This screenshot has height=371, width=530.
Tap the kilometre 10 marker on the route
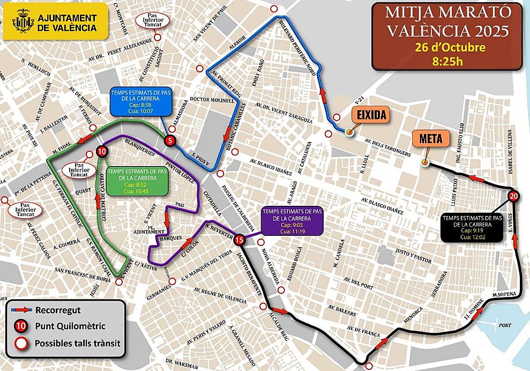[102, 151]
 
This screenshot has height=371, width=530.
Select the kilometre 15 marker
[239, 240]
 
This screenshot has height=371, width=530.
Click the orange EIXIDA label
[371, 116]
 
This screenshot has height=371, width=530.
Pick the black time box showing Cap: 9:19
[473, 227]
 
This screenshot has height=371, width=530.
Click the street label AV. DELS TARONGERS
[388, 148]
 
